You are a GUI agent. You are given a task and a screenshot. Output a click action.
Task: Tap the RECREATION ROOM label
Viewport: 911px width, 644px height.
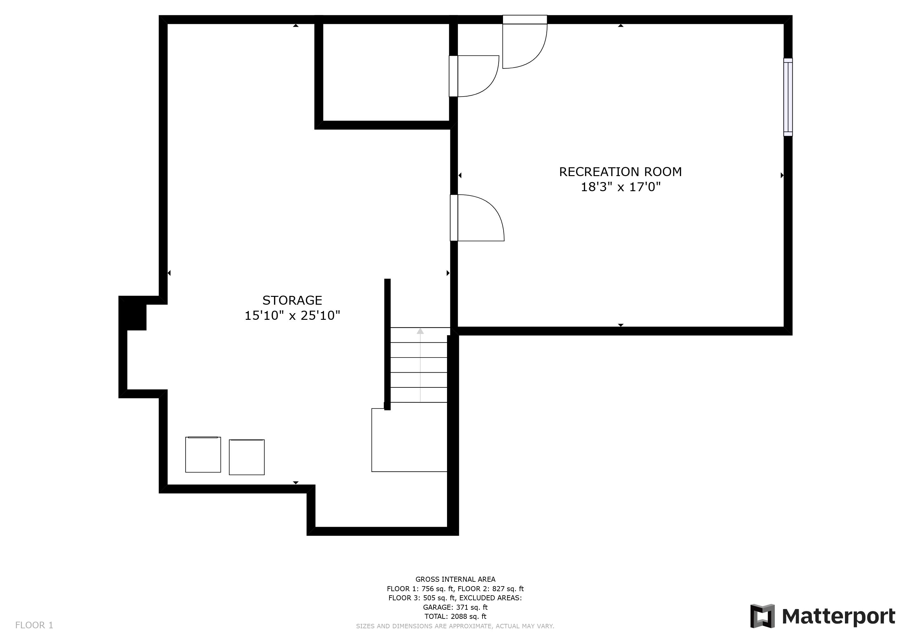[621, 172]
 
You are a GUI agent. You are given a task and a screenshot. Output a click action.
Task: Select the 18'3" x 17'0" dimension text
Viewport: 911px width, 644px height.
[621, 187]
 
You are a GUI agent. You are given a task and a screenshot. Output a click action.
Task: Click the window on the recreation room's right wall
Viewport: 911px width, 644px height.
[788, 97]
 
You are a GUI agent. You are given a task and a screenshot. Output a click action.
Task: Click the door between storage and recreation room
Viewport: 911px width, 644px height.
[477, 218]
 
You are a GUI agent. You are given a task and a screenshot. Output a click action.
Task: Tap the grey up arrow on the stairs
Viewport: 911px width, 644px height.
[420, 365]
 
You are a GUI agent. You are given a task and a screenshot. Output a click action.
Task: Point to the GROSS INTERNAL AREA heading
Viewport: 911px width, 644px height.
[455, 579]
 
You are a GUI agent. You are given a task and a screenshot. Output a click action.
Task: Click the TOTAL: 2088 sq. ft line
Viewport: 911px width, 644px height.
[455, 617]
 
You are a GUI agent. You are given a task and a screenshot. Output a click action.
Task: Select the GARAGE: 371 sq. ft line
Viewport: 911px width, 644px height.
[455, 607]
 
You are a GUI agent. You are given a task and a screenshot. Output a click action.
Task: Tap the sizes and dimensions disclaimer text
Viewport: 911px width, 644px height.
[455, 626]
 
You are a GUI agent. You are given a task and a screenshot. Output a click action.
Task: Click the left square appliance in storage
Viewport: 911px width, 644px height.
[203, 454]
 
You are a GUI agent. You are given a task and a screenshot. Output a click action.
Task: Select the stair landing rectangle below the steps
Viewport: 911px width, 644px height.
[409, 440]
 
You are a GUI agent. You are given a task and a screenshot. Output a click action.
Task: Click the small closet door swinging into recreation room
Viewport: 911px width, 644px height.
[474, 76]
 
